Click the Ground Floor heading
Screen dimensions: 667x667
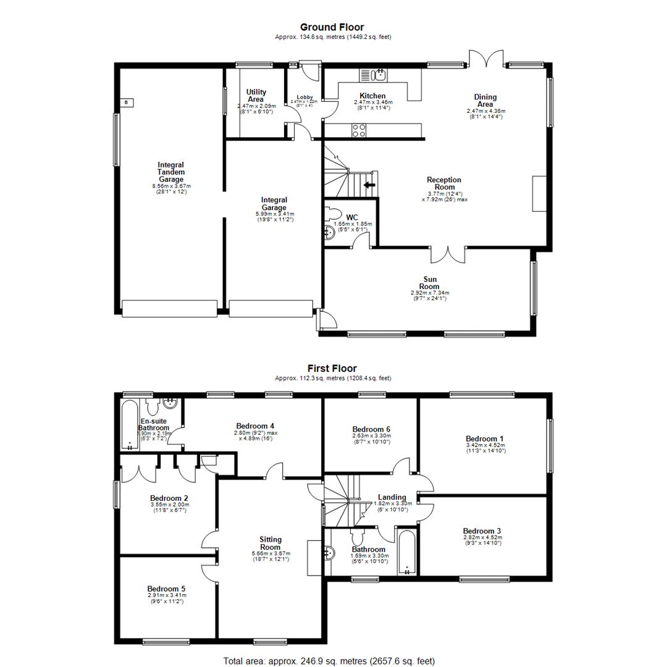[x=332, y=27]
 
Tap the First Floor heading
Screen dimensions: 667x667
[x=332, y=368]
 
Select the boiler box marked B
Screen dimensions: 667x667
[x=127, y=102]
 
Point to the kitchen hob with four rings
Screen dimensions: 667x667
[x=359, y=130]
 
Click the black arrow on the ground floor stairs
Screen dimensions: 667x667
[x=369, y=185]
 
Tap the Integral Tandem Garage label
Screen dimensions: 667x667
[x=172, y=172]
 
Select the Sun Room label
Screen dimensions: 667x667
[x=430, y=283]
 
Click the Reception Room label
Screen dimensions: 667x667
[x=444, y=183]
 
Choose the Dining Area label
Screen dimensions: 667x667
[x=485, y=101]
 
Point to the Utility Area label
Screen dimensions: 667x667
[x=256, y=96]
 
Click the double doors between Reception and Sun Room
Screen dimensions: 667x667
[x=448, y=254]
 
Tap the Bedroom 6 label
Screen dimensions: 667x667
[x=372, y=429]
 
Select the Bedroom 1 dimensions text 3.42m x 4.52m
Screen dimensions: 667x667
[x=485, y=445]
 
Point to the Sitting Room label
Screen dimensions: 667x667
[x=271, y=543]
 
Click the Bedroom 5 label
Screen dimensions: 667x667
[x=166, y=589]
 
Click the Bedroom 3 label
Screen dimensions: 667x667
[x=482, y=531]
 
